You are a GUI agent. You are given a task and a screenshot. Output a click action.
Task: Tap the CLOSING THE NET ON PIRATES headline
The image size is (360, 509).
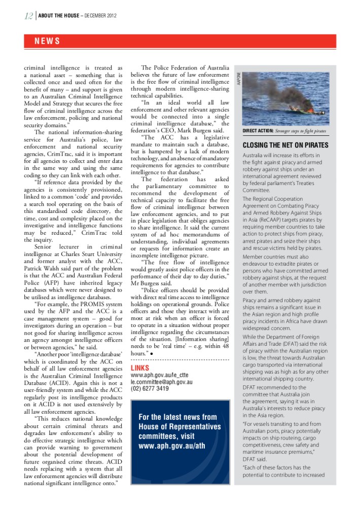pyautogui.click(x=285, y=145)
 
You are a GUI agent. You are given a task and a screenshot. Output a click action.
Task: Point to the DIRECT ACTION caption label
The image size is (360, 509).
pyautogui.click(x=258, y=131)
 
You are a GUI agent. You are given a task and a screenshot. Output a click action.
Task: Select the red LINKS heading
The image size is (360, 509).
pyautogui.click(x=139, y=368)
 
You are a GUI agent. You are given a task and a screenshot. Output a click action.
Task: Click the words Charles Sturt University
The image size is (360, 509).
pyautogui.click(x=88, y=254)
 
